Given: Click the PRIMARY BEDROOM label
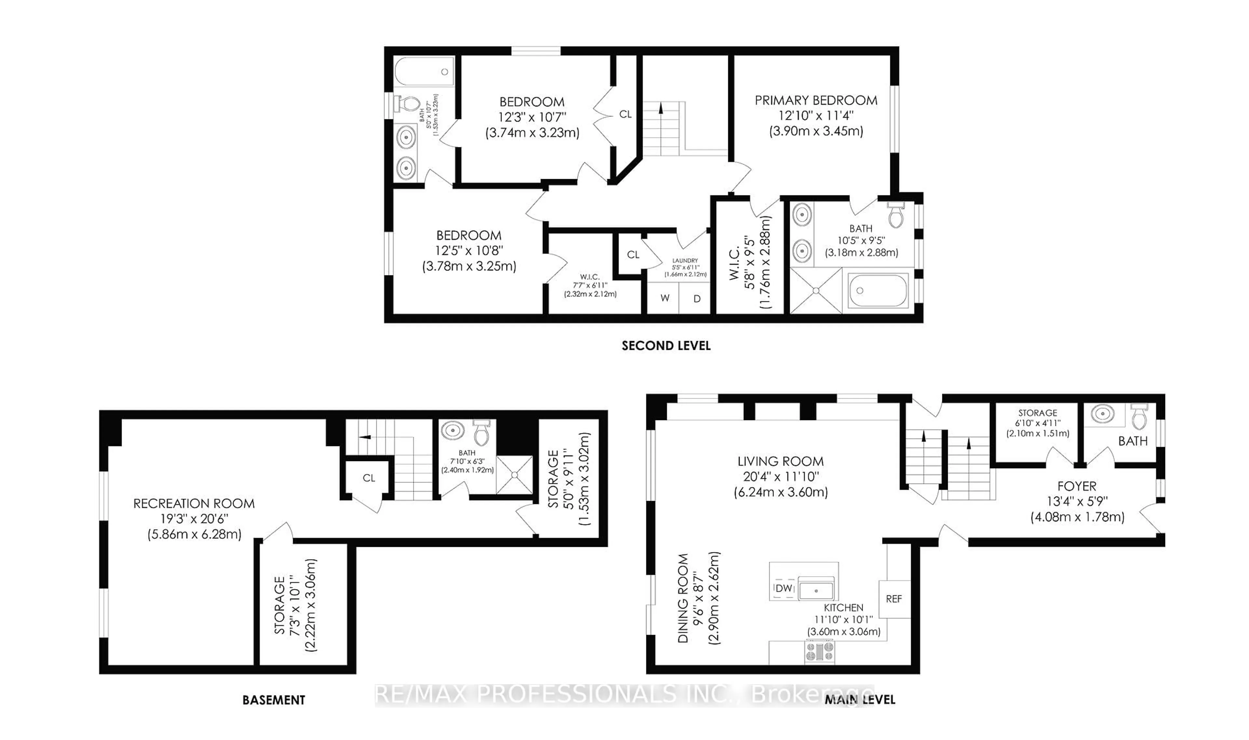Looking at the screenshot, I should [x=815, y=100].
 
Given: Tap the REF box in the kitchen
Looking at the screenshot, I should [x=893, y=599].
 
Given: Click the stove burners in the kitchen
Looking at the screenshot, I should [x=819, y=652].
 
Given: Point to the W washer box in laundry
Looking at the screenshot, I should [x=665, y=298].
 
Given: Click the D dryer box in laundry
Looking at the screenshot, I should [x=697, y=298].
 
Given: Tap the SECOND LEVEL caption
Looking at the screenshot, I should [x=665, y=346].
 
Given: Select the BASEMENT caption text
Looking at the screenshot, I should [x=273, y=700].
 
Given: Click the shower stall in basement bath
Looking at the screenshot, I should [x=514, y=475].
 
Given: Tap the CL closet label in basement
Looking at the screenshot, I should [x=369, y=478].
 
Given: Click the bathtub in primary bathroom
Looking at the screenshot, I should [x=878, y=291].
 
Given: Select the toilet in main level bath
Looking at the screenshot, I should [x=1139, y=418].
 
